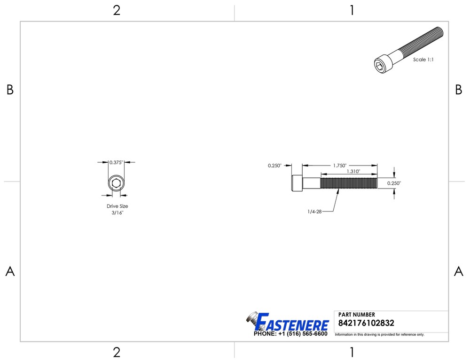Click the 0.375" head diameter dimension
(x=116, y=162)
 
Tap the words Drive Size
(x=117, y=206)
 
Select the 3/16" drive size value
(x=117, y=212)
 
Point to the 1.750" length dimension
(x=340, y=166)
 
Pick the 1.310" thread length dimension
(x=353, y=171)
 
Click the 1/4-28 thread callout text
(x=314, y=212)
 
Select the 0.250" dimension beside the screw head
(x=274, y=166)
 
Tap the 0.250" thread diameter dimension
(x=394, y=183)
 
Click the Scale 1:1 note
(x=423, y=60)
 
